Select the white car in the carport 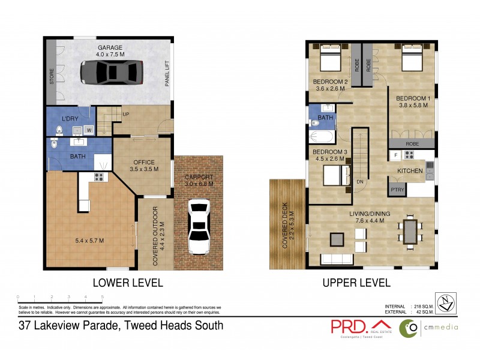tap(197, 227)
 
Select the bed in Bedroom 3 tap(334, 175)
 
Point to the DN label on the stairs tap(360, 181)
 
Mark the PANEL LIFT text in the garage tap(167, 74)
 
